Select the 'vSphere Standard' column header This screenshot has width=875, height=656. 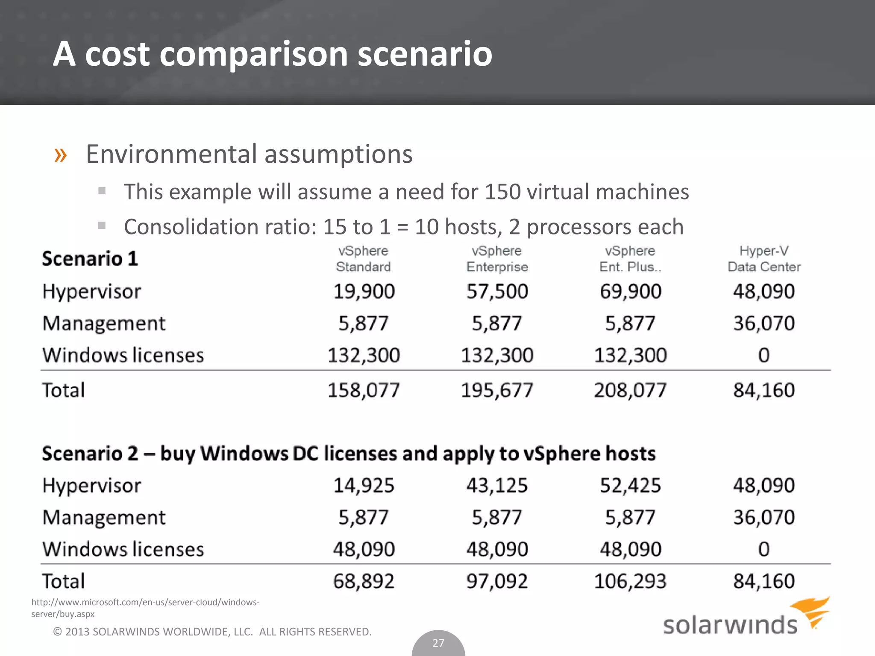[363, 259]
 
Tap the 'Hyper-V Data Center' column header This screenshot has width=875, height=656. [763, 259]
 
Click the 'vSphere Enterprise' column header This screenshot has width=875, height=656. [497, 259]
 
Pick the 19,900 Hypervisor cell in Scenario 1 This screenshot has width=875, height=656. [364, 292]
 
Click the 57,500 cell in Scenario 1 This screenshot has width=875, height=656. [497, 292]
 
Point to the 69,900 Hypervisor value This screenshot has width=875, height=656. [630, 292]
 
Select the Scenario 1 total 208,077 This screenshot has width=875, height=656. [630, 390]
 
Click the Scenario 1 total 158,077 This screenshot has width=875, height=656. [364, 390]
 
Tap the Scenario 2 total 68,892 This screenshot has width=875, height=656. [364, 581]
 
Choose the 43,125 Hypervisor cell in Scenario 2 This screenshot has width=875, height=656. [497, 486]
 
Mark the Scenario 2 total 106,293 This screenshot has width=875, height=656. [630, 581]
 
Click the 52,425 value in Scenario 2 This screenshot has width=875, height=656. [630, 486]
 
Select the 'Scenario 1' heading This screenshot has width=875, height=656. [90, 259]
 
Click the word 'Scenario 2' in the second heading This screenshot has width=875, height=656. [90, 454]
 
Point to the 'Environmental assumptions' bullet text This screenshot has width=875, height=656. [249, 154]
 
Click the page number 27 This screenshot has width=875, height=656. [438, 643]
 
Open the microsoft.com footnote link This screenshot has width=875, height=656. [145, 608]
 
